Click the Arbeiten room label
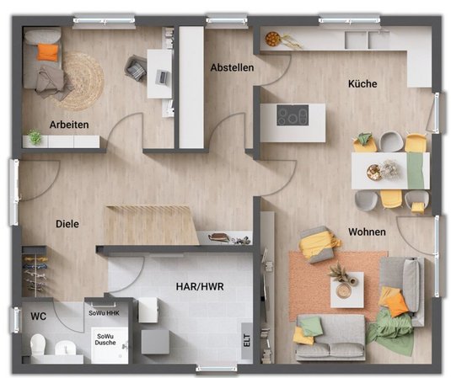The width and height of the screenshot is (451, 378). [x=69, y=125]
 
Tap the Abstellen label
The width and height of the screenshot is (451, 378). [x=232, y=67]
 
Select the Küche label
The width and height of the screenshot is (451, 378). [x=362, y=83]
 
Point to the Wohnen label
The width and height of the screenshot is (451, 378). [x=367, y=232]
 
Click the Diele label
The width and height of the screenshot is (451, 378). [x=67, y=224]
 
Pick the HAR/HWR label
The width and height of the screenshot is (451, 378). [x=200, y=286]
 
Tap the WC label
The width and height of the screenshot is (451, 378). [x=38, y=317]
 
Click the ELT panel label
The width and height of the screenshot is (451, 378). [x=247, y=341]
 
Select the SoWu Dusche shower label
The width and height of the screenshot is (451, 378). [x=105, y=339]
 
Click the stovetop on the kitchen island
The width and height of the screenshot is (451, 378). [x=293, y=115]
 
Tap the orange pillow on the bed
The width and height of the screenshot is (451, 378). [x=48, y=52]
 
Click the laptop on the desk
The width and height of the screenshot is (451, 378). [x=162, y=77]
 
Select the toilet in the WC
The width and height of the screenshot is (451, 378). [x=38, y=344]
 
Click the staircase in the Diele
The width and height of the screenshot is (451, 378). [x=151, y=225]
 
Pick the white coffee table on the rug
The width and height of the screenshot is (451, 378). [x=346, y=290]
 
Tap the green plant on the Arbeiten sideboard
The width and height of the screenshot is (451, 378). [x=35, y=137]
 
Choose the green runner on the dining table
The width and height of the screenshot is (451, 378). [x=416, y=171]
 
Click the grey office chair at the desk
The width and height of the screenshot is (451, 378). [x=136, y=68]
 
